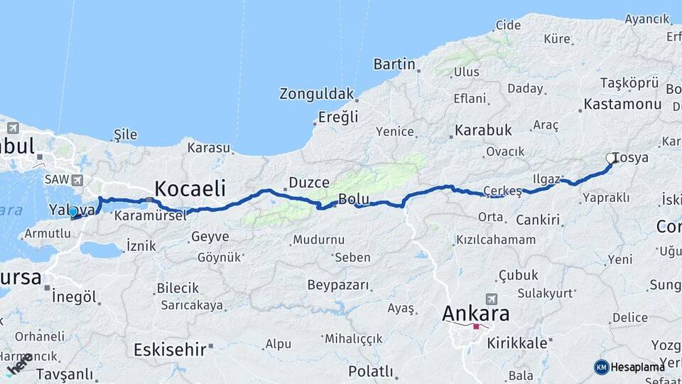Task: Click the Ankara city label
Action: tap(475, 313)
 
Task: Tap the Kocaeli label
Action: tap(190, 188)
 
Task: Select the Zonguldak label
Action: tap(316, 94)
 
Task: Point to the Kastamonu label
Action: tap(622, 104)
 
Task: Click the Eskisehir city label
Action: tap(170, 349)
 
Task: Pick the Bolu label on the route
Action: tap(354, 199)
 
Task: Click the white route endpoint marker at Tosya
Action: tap(612, 159)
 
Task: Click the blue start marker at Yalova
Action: tap(73, 211)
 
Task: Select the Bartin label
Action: tap(394, 64)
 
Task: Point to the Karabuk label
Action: tap(483, 130)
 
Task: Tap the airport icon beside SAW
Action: tap(77, 181)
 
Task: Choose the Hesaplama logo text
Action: tap(637, 367)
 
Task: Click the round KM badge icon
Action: tap(601, 367)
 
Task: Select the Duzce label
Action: tap(309, 183)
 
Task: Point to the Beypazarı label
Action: tap(338, 285)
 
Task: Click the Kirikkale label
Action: tap(516, 343)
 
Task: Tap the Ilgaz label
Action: tap(546, 179)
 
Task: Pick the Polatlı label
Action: tap(370, 371)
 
